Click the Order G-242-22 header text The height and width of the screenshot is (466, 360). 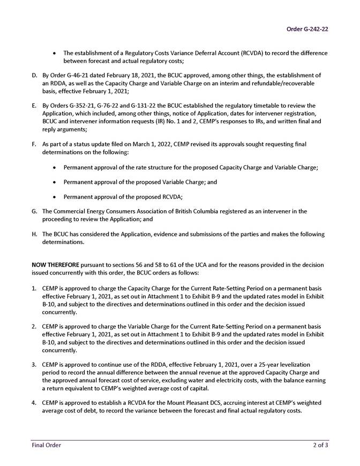(306, 29)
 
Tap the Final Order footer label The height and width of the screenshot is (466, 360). (46, 445)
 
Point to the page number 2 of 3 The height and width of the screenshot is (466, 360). (321, 445)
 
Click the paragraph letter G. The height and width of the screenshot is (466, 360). (34, 211)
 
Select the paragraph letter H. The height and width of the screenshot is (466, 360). (34, 234)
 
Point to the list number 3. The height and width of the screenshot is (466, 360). (34, 365)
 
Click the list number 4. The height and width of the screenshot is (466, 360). (34, 403)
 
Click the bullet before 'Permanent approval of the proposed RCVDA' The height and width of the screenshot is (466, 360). (56, 196)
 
